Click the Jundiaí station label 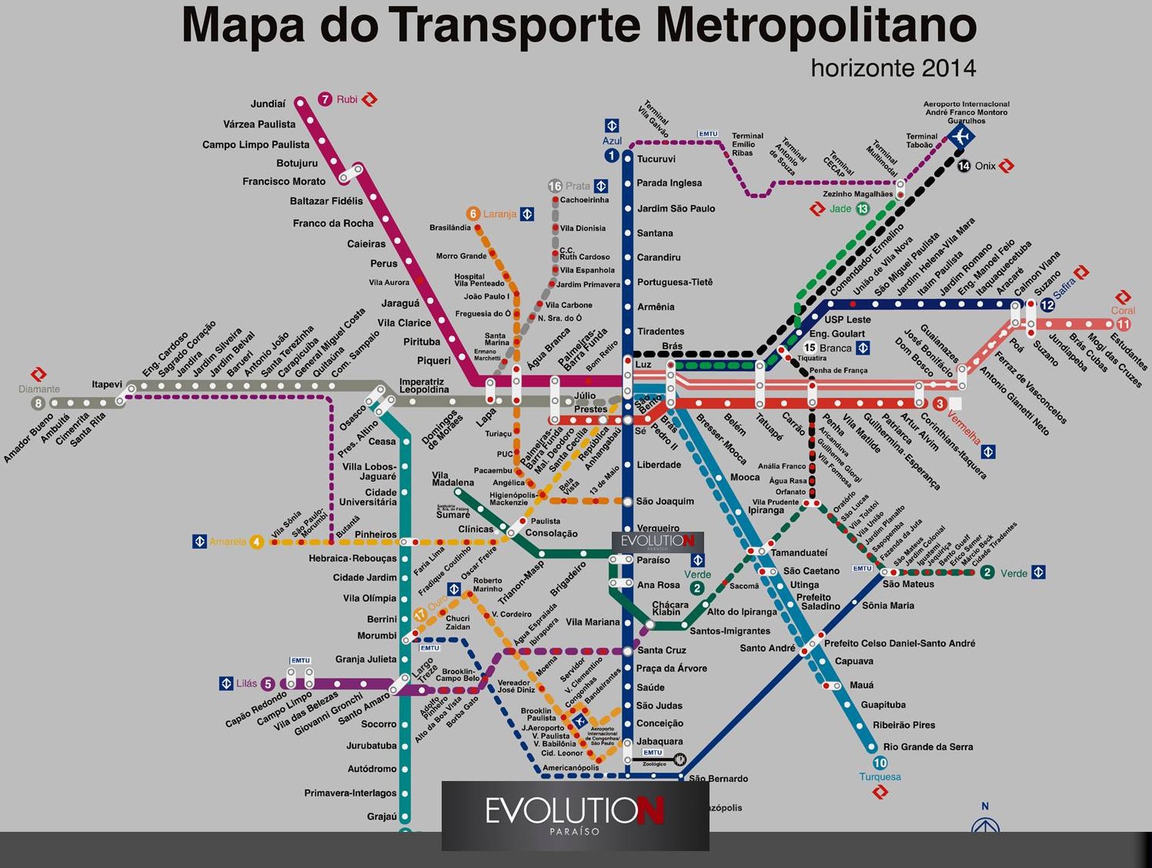[268, 104]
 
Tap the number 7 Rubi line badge [326, 99]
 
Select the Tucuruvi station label [656, 159]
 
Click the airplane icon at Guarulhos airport [960, 137]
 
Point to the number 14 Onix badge [963, 166]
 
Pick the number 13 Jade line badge [863, 209]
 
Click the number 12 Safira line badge [1047, 305]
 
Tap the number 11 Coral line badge [1123, 325]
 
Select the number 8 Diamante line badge [38, 403]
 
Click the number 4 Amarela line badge [256, 542]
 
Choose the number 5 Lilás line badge [268, 683]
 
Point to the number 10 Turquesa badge [880, 763]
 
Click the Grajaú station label [382, 816]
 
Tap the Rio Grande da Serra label [928, 747]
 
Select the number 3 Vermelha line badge [940, 404]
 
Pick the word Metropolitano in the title [816, 25]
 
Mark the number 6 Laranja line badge [473, 214]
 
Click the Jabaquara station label [659, 742]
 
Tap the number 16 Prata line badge [555, 186]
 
